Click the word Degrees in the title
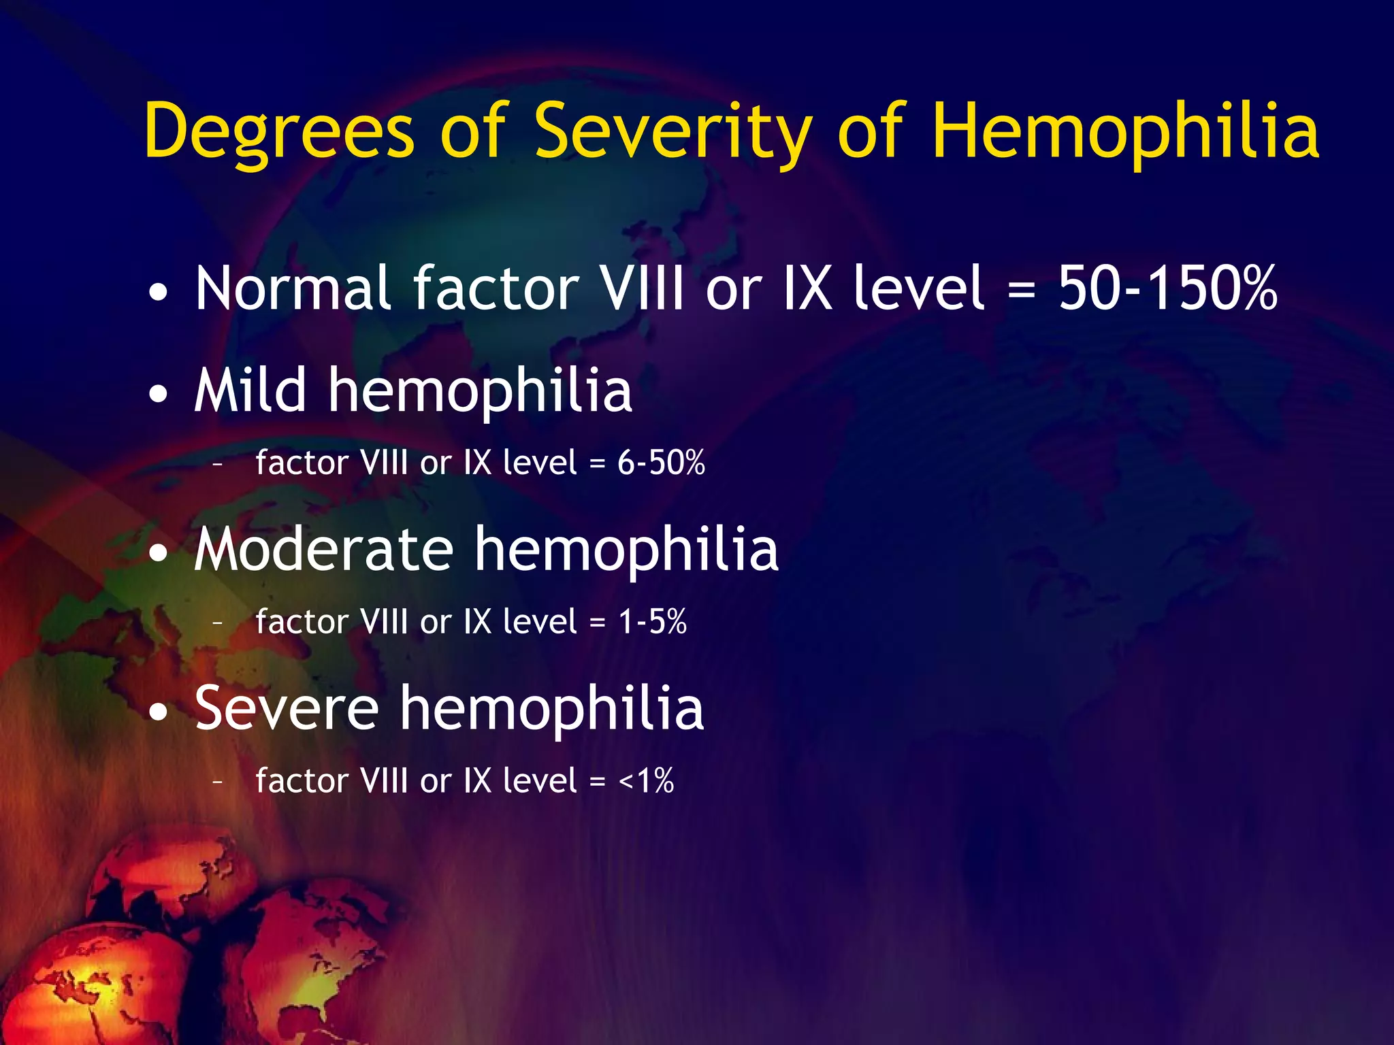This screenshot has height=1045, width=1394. tap(279, 131)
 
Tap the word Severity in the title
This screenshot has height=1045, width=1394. tap(672, 131)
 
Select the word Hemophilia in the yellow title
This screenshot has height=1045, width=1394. tap(1125, 131)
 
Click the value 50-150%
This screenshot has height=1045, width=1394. tap(1168, 288)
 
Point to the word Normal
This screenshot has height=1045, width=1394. tap(293, 288)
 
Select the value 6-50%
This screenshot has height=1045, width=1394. tap(661, 463)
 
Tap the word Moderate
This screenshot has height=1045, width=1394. tap(323, 549)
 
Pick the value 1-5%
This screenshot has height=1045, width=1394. tap(652, 622)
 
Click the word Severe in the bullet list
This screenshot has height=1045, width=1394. tap(286, 708)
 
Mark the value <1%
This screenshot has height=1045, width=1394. tap(646, 780)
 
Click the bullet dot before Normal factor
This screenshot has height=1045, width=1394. tap(159, 293)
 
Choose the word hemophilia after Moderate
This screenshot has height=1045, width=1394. tap(626, 549)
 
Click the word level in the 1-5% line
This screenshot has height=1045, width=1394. tap(540, 622)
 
